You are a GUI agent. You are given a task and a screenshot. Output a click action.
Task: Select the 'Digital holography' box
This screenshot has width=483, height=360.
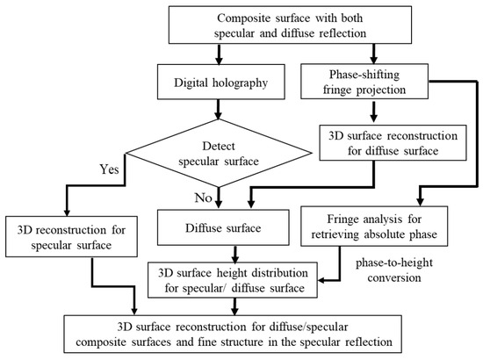point(213,85)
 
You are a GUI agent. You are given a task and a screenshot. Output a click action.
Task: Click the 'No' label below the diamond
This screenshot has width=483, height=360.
point(199,199)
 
